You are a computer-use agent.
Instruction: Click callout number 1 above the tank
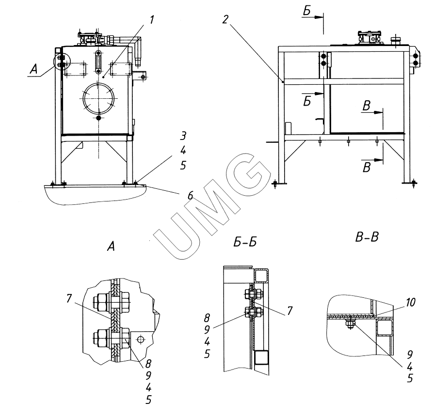pyautogui.click(x=152, y=20)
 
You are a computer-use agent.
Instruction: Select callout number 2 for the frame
pyautogui.click(x=225, y=19)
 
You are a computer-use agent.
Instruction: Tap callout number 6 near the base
pyautogui.click(x=190, y=196)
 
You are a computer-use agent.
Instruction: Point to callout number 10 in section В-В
pyautogui.click(x=411, y=302)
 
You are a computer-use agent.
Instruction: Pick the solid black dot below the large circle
pyautogui.click(x=98, y=118)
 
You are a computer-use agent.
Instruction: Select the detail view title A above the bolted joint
pyautogui.click(x=111, y=246)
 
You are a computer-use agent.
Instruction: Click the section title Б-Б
pyautogui.click(x=245, y=242)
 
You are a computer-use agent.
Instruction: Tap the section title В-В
pyautogui.click(x=367, y=237)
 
